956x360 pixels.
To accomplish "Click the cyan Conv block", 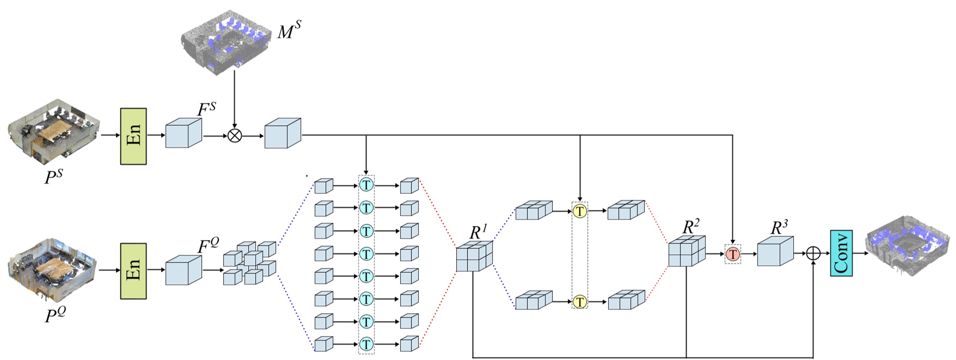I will pyautogui.click(x=841, y=253).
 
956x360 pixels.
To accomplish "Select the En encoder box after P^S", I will pyautogui.click(x=133, y=136).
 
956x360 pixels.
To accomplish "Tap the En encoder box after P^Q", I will pyautogui.click(x=133, y=271).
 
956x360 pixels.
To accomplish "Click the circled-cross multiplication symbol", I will pyautogui.click(x=235, y=135).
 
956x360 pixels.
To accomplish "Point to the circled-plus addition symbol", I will pyautogui.click(x=813, y=253).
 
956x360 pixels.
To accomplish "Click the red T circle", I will pyautogui.click(x=733, y=254).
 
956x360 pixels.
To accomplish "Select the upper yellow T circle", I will pyautogui.click(x=580, y=211).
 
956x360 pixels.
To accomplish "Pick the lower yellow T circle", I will pyautogui.click(x=580, y=301).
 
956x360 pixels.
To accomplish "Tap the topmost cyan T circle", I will pyautogui.click(x=366, y=185).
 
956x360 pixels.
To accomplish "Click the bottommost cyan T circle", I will pyautogui.click(x=366, y=344).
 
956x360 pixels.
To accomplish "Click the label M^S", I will pyautogui.click(x=289, y=31).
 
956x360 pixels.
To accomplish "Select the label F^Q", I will pyautogui.click(x=208, y=246).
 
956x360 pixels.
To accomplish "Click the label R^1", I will pyautogui.click(x=478, y=231).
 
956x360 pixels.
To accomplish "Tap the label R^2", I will pyautogui.click(x=690, y=226).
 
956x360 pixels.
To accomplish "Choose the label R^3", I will pyautogui.click(x=779, y=227).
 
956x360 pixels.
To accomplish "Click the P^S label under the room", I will pyautogui.click(x=54, y=176).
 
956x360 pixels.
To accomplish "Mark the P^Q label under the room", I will pyautogui.click(x=55, y=314).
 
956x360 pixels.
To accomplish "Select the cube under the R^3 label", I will pyautogui.click(x=775, y=252).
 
